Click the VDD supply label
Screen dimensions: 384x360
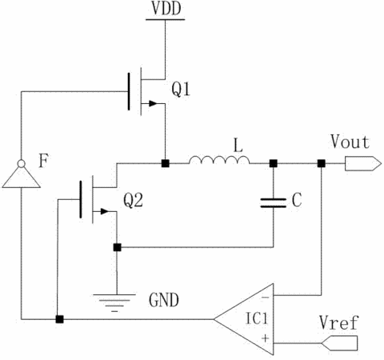tap(166, 9)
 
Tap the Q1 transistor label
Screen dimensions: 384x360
tap(181, 89)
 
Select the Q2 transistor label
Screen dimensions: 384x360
tap(133, 200)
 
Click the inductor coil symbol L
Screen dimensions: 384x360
tap(219, 160)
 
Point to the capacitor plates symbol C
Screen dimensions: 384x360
tap(273, 202)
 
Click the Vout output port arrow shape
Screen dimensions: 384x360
tap(363, 163)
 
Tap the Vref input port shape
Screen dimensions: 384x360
tap(339, 343)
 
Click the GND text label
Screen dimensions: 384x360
tap(164, 300)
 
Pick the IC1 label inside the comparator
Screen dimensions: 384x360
tap(256, 318)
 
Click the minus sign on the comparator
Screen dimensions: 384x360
tap(265, 297)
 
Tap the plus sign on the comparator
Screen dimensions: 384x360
tap(265, 338)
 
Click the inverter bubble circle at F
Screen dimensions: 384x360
tap(22, 163)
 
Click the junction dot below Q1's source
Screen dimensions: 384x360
tap(166, 163)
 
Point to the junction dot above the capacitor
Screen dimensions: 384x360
tap(273, 163)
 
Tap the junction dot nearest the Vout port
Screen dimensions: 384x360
tap(322, 163)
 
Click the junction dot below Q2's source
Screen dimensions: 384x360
tap(117, 247)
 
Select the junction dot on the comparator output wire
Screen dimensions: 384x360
tap(59, 319)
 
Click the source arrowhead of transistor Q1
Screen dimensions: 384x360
tap(153, 103)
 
